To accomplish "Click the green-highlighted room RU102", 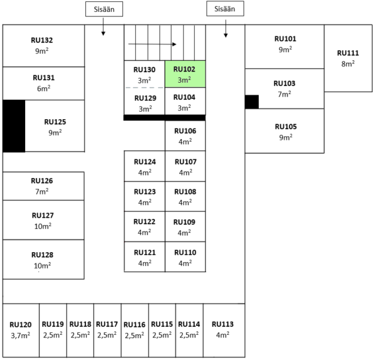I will tap(184, 74).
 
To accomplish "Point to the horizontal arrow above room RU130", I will tap(152, 45).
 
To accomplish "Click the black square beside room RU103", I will tap(251, 102).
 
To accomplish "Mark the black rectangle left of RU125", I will tap(14, 125).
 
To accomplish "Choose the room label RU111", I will tap(348, 53).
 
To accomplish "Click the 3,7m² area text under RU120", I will tap(20, 335).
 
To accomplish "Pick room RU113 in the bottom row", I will tap(223, 330).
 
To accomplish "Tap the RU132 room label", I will tap(42, 40).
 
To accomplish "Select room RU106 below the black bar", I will tap(184, 135).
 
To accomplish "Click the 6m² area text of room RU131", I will tap(43, 88).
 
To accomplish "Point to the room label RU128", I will tap(43, 255).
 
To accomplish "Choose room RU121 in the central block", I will tap(144, 257).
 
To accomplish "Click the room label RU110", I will tap(184, 252).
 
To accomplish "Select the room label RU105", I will tap(285, 127).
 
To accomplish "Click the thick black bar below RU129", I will tap(164, 117).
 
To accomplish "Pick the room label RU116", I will tap(135, 324).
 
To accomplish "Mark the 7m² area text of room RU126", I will tap(43, 191).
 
